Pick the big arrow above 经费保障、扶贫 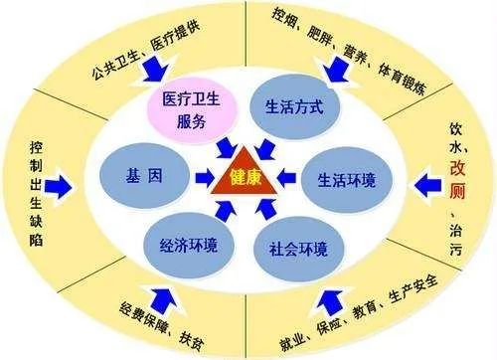pos(158,292)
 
